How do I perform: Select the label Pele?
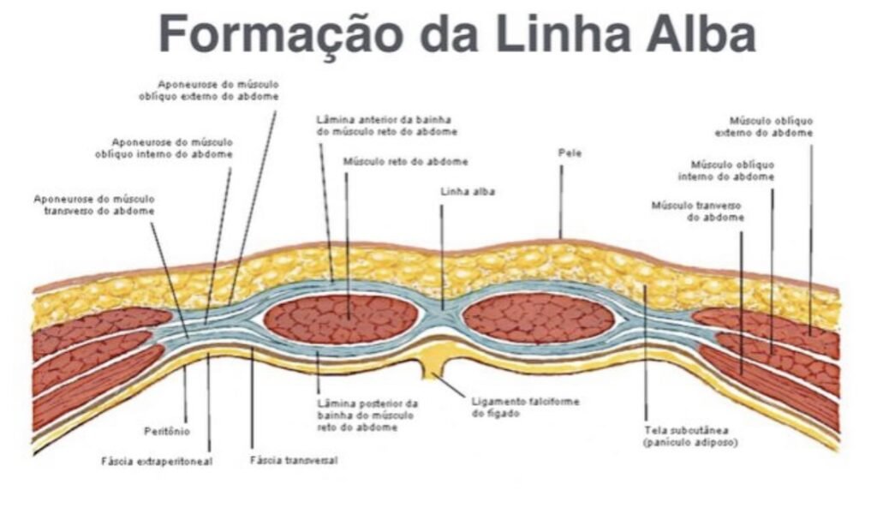pyautogui.click(x=570, y=153)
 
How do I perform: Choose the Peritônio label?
pyautogui.click(x=168, y=431)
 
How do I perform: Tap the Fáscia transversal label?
pyautogui.click(x=294, y=460)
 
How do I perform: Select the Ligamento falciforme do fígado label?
pyautogui.click(x=512, y=407)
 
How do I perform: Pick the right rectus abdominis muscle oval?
pyautogui.click(x=539, y=318)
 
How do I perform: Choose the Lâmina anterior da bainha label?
pyautogui.click(x=386, y=126)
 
